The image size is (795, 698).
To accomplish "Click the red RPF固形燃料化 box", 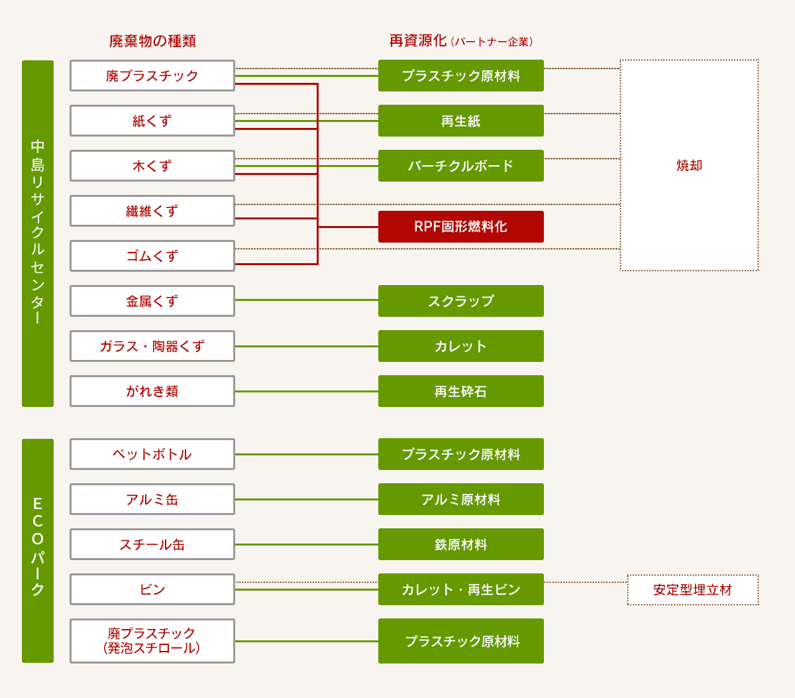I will tap(460, 227).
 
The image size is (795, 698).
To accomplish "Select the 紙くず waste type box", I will tap(152, 121).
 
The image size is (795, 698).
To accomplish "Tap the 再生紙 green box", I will tap(460, 121).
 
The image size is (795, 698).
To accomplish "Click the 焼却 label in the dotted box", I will tap(689, 166).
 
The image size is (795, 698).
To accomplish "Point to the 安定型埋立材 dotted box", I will tap(692, 590).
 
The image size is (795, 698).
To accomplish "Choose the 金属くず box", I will tap(152, 301).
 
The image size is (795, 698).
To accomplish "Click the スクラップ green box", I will tap(460, 301).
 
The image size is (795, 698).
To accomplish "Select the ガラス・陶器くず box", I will tap(152, 346).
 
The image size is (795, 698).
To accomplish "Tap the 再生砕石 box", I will tap(460, 391).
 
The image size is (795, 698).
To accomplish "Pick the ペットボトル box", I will tap(152, 454).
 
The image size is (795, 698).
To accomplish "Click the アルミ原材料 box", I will tap(460, 499).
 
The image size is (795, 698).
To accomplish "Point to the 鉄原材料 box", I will tap(460, 544).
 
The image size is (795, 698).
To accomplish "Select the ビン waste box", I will tap(152, 589).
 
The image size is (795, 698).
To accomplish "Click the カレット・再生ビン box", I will tap(460, 589).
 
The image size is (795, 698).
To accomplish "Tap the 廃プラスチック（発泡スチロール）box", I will tap(152, 641).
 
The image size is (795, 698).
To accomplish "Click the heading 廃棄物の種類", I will tap(152, 41).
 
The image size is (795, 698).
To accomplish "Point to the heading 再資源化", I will tap(418, 41).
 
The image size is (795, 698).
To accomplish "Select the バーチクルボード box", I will tap(460, 166).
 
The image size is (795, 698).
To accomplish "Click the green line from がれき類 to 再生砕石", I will tap(306, 391).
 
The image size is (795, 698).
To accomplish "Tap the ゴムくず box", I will tap(152, 256).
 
